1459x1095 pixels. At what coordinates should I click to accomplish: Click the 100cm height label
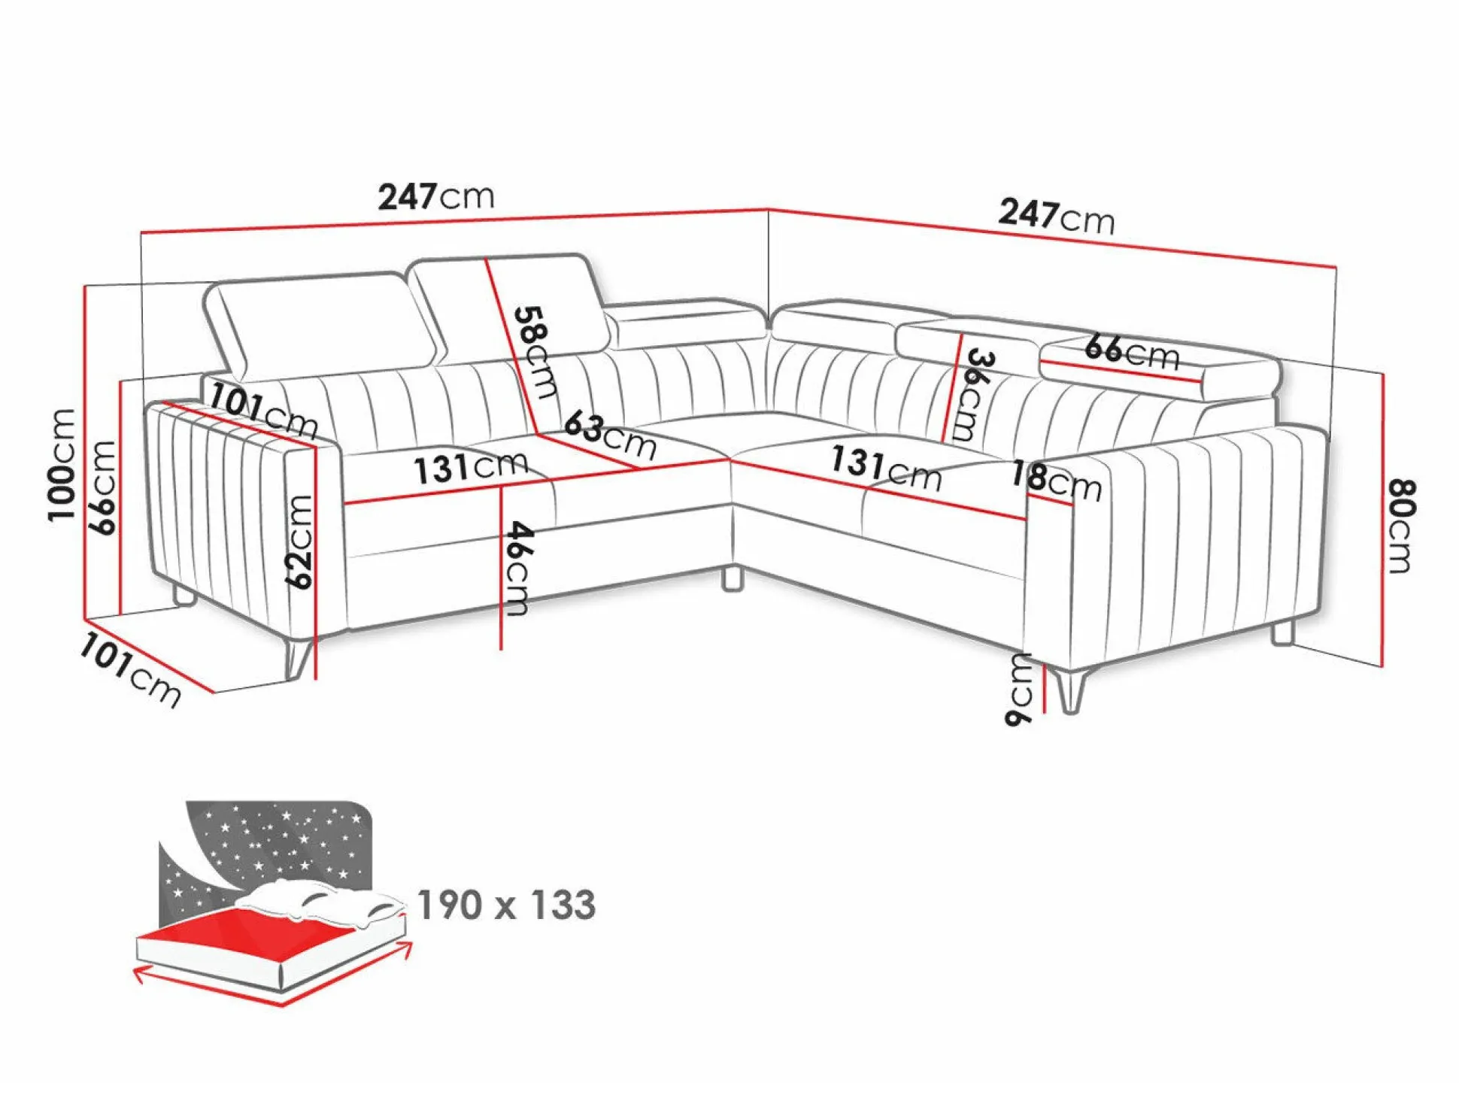pos(62,465)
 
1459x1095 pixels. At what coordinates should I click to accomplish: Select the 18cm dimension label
pos(1056,481)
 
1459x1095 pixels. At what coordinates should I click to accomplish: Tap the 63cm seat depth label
pos(610,435)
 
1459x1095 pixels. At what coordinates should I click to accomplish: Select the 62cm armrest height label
pos(299,541)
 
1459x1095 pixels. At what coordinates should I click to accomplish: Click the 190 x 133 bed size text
pos(506,905)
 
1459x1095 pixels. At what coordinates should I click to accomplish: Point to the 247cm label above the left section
pos(436,196)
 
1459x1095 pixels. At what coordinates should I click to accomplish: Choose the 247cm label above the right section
pos(1056,216)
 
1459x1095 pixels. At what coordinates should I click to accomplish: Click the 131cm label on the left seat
pos(471,468)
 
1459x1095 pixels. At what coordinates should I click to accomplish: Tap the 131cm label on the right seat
pos(886,468)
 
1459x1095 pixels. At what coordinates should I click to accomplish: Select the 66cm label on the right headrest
pos(1132,352)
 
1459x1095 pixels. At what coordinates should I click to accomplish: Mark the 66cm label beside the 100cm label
pos(103,487)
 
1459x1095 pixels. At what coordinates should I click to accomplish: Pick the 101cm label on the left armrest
pos(263,411)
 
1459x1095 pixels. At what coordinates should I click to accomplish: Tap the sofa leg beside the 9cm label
pos(1070,688)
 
